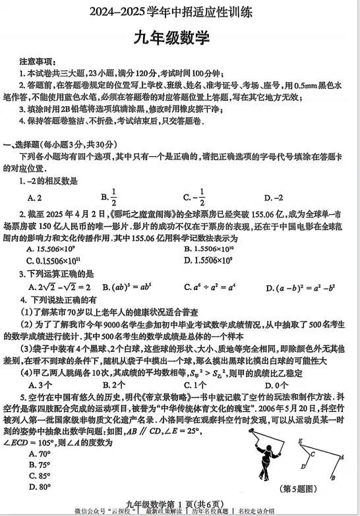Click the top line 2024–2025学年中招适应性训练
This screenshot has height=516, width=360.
[x=179, y=11]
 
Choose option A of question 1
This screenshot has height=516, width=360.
[x=35, y=197]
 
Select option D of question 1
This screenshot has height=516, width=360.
[x=273, y=197]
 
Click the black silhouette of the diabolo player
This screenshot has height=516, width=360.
[x=262, y=461]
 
